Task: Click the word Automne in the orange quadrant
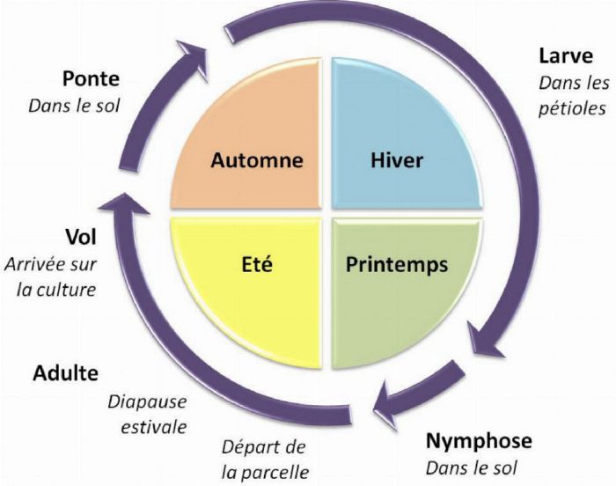pyautogui.click(x=256, y=160)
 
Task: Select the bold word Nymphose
pyautogui.click(x=479, y=439)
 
